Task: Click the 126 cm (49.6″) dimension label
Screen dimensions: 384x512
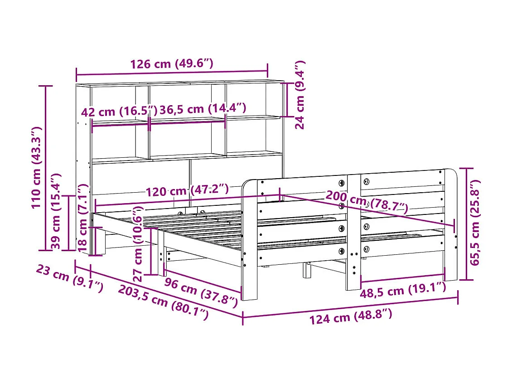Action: tap(172, 63)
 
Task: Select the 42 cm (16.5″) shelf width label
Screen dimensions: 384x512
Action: tap(119, 112)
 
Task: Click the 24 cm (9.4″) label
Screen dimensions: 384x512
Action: tap(300, 95)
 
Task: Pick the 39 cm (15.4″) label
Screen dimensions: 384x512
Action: tap(56, 211)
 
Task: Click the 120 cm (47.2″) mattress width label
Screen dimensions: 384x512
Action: tap(187, 190)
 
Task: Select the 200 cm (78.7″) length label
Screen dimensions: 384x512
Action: tap(367, 202)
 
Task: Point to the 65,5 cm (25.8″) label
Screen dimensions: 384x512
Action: tap(474, 222)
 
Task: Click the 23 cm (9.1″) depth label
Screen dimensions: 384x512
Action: tap(69, 280)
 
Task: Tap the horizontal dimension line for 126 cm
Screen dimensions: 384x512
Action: tap(172, 72)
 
